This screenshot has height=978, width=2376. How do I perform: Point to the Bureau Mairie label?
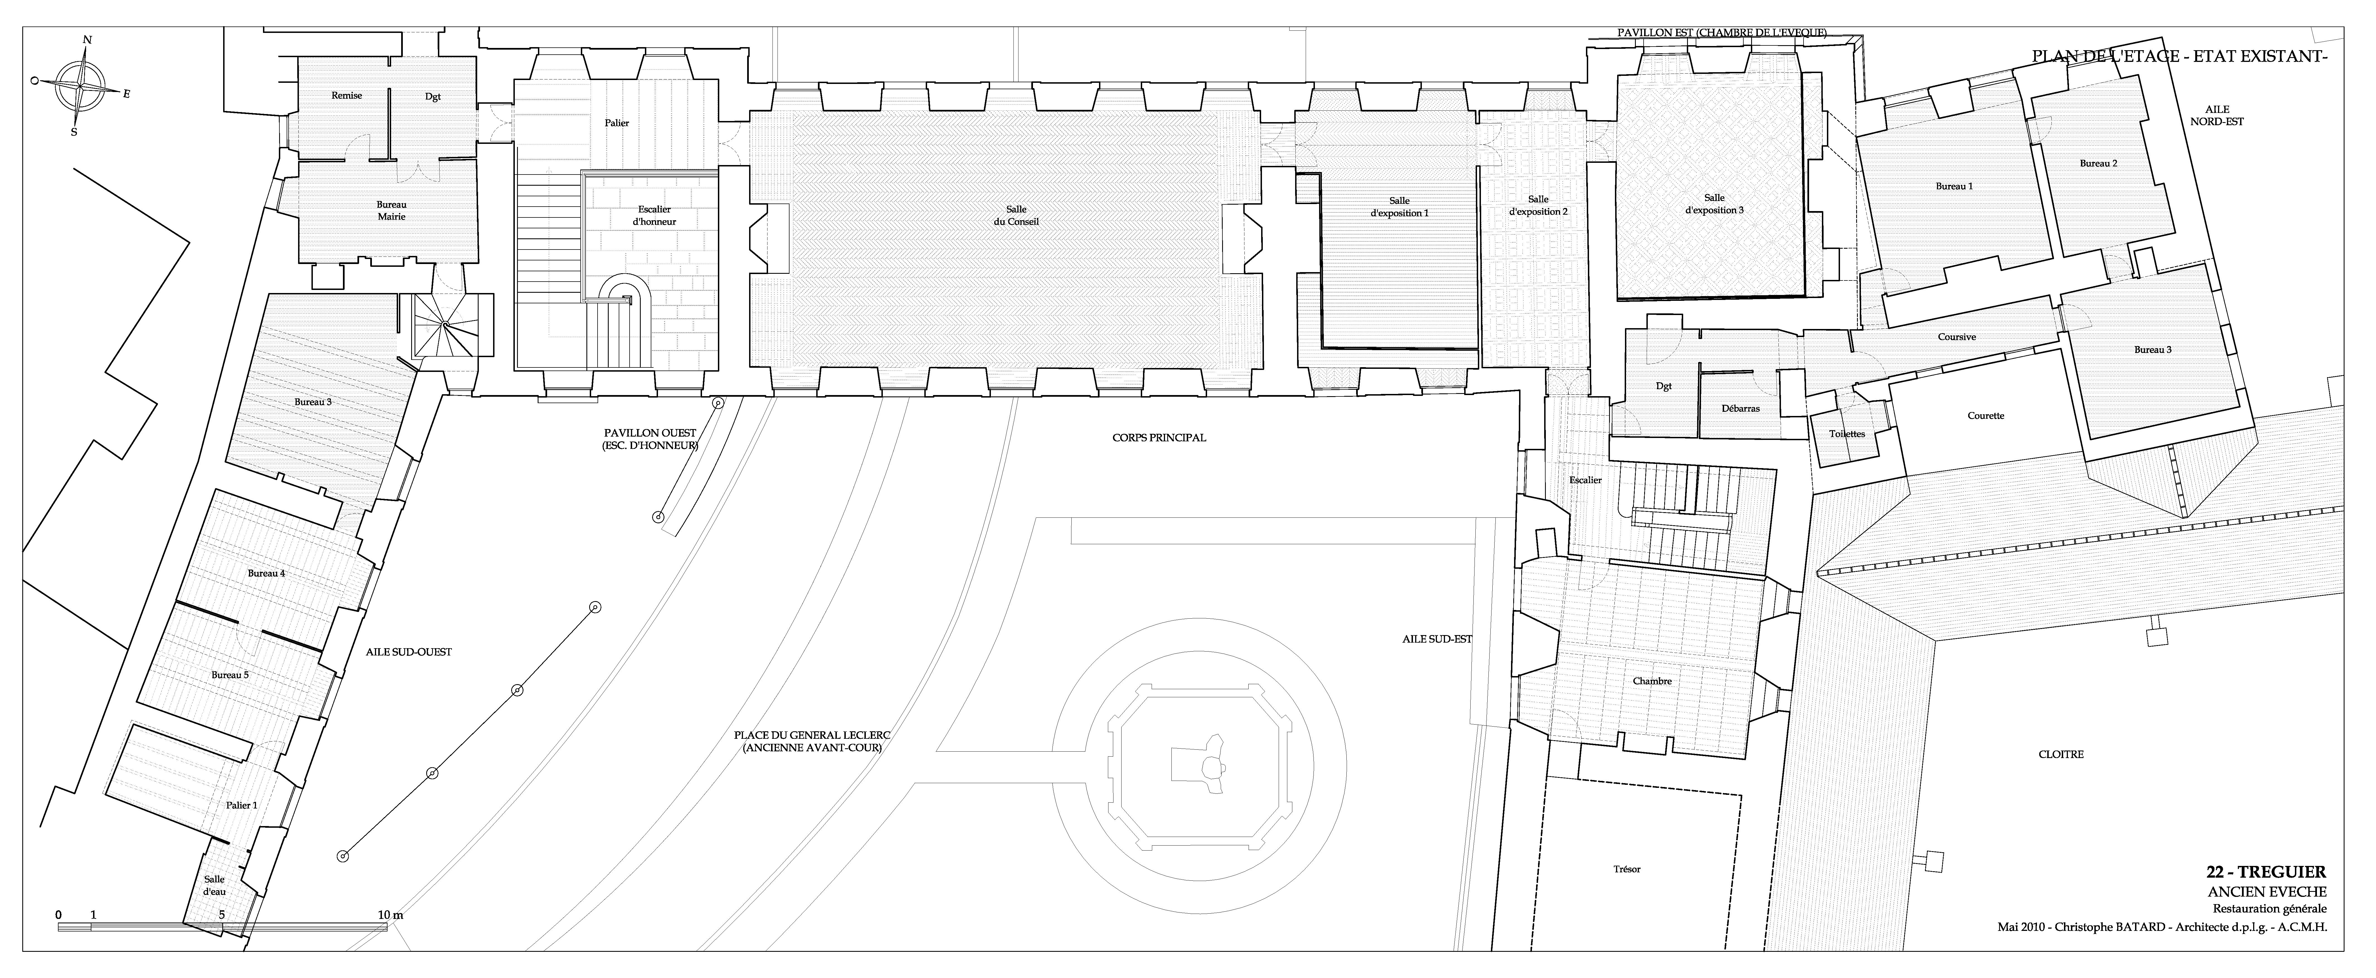click(391, 210)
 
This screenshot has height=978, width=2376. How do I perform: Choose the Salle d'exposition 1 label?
click(1399, 207)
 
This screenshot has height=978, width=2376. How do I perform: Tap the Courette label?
click(1986, 416)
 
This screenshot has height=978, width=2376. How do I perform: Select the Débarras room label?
click(1741, 409)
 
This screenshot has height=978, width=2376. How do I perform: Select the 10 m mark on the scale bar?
click(391, 914)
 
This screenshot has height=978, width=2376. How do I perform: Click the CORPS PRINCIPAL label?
click(1159, 438)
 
